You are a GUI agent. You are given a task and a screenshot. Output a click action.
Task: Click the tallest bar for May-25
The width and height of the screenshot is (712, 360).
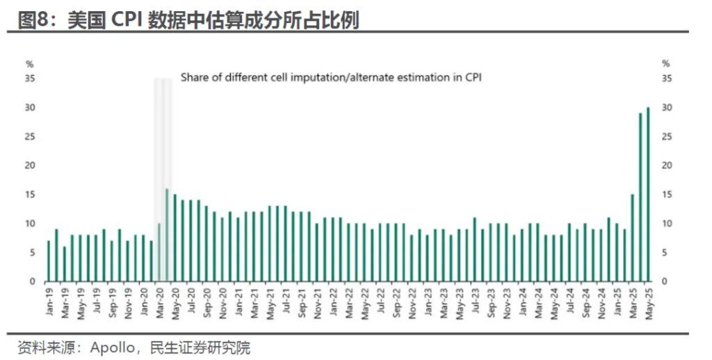[x=648, y=195]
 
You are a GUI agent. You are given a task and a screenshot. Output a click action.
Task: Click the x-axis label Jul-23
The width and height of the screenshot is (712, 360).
[x=474, y=301]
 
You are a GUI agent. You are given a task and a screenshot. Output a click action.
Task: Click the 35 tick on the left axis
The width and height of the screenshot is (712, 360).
[x=31, y=79]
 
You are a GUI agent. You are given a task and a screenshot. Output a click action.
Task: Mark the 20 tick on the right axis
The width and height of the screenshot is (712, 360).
[x=666, y=165]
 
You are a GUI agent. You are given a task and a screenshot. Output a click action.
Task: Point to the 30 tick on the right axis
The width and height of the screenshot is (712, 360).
[x=666, y=108]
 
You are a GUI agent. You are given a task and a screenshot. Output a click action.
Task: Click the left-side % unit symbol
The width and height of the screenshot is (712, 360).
[x=29, y=64]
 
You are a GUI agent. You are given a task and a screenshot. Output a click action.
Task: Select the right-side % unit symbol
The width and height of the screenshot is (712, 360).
[x=666, y=64]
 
